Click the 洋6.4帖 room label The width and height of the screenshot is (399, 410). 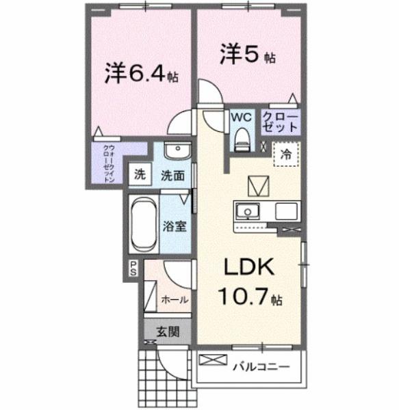click(x=141, y=73)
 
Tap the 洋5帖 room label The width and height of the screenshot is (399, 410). click(x=247, y=54)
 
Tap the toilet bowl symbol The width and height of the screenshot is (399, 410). click(x=242, y=139)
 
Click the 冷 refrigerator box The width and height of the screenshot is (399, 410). click(x=286, y=154)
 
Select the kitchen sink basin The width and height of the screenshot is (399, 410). click(x=246, y=210)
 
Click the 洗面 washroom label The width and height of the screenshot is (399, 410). click(x=172, y=175)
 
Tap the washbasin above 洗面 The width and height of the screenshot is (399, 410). click(x=178, y=150)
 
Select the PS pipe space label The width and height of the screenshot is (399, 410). click(x=132, y=269)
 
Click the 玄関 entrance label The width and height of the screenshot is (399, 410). click(x=167, y=333)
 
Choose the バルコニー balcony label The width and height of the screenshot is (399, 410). click(x=259, y=366)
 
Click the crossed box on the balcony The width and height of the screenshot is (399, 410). click(x=209, y=360)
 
